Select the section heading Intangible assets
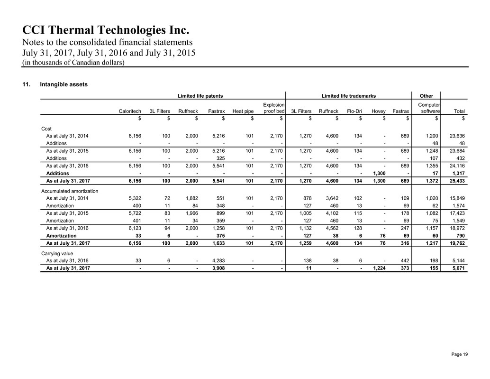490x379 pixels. click(x=64, y=85)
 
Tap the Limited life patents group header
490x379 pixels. click(x=200, y=96)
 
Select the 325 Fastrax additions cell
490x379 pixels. click(x=220, y=158)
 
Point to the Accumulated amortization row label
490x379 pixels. click(x=69, y=191)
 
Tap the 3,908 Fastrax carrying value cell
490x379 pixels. click(x=217, y=268)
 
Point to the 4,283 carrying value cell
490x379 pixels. click(x=217, y=260)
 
